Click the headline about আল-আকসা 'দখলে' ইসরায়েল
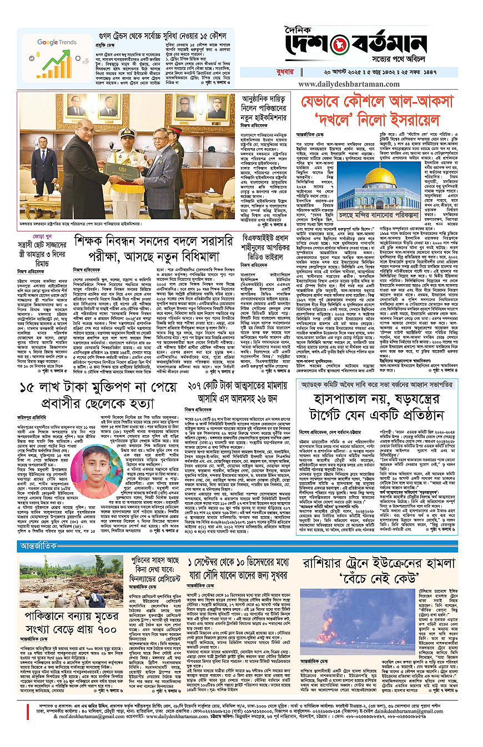tap(379, 110)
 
